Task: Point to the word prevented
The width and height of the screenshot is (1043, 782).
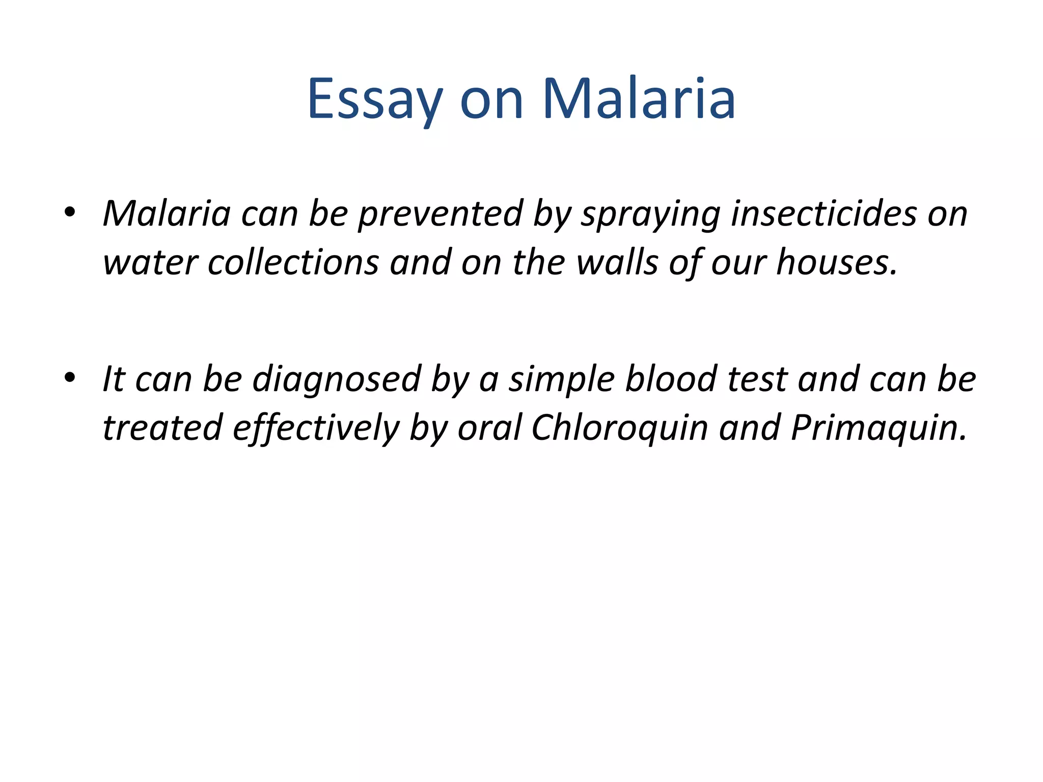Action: coord(441,214)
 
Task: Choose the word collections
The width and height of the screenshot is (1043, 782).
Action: coord(293,263)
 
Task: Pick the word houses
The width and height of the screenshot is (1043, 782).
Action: coord(835,263)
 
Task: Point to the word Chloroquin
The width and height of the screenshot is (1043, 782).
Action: coord(619,428)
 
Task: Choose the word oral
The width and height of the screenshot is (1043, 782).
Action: coord(489,428)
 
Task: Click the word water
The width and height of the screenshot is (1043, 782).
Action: coord(150,264)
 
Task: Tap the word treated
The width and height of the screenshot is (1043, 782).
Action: coord(162,428)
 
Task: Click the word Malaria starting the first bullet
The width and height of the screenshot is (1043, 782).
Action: coord(167,213)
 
